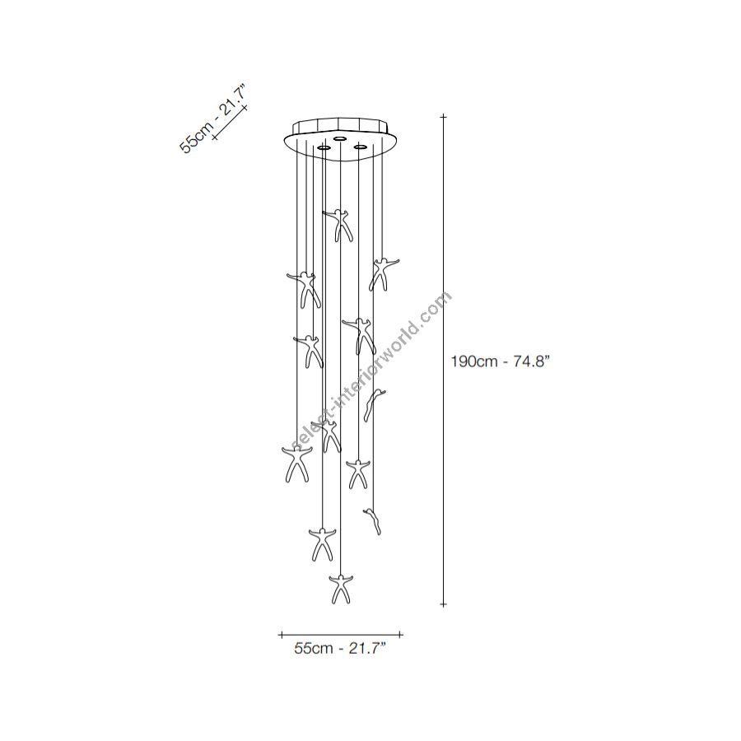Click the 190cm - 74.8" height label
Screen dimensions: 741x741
click(500, 361)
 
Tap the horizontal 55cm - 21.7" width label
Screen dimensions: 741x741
click(340, 649)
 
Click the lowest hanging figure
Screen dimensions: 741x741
click(341, 589)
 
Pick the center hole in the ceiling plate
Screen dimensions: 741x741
click(339, 138)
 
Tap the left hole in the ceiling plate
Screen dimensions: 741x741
click(324, 148)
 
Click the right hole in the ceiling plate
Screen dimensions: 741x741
click(361, 147)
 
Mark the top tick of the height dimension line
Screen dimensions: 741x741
click(443, 116)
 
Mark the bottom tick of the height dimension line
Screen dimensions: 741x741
click(443, 604)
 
